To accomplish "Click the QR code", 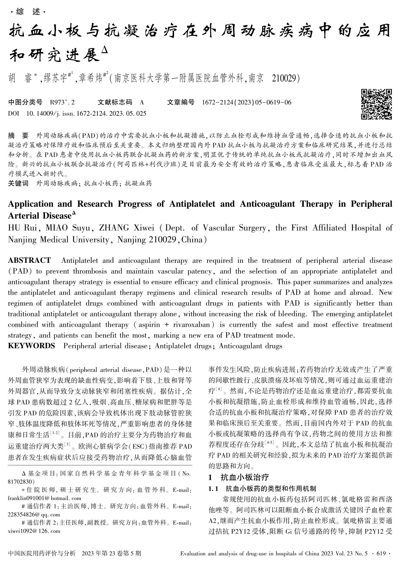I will click(x=376, y=104).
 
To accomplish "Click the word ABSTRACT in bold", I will click(x=29, y=260).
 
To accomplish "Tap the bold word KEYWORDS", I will click(x=31, y=346).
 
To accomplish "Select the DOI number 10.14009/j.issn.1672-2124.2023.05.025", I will click(x=86, y=113).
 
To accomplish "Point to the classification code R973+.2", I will click(x=63, y=102).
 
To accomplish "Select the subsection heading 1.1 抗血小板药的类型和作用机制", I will click(x=262, y=488).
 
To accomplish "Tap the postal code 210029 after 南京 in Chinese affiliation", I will click(x=285, y=78).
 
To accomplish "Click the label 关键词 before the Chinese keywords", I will click(x=18, y=183).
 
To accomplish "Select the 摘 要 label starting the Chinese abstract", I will click(x=18, y=136).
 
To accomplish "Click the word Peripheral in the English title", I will click(x=371, y=204).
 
